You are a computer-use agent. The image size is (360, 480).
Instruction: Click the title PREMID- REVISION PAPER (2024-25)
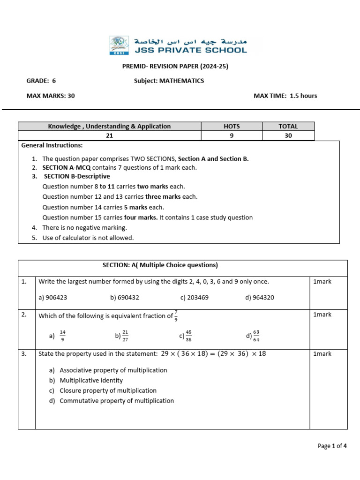click(175, 67)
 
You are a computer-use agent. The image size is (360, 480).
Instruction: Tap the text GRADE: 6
click(41, 81)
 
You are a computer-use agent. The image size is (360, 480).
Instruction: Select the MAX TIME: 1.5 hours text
click(285, 96)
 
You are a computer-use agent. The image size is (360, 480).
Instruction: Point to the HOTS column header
click(232, 126)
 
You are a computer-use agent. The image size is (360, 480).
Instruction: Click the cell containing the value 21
click(109, 135)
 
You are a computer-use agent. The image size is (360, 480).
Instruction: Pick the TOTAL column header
click(288, 126)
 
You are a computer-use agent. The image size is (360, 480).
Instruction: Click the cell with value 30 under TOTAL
click(288, 135)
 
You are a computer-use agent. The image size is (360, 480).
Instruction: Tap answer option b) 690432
click(124, 297)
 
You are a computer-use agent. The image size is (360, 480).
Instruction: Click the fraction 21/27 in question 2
click(125, 336)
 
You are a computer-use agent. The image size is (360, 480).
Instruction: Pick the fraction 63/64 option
click(256, 336)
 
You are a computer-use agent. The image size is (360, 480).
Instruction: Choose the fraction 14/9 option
click(62, 336)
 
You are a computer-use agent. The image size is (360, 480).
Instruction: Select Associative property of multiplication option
click(113, 370)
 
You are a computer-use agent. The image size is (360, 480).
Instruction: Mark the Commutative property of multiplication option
click(116, 401)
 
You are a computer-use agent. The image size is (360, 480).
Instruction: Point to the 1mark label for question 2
click(322, 315)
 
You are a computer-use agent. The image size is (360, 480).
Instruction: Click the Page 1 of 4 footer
click(332, 446)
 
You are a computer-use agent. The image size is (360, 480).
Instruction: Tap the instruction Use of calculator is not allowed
click(88, 238)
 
